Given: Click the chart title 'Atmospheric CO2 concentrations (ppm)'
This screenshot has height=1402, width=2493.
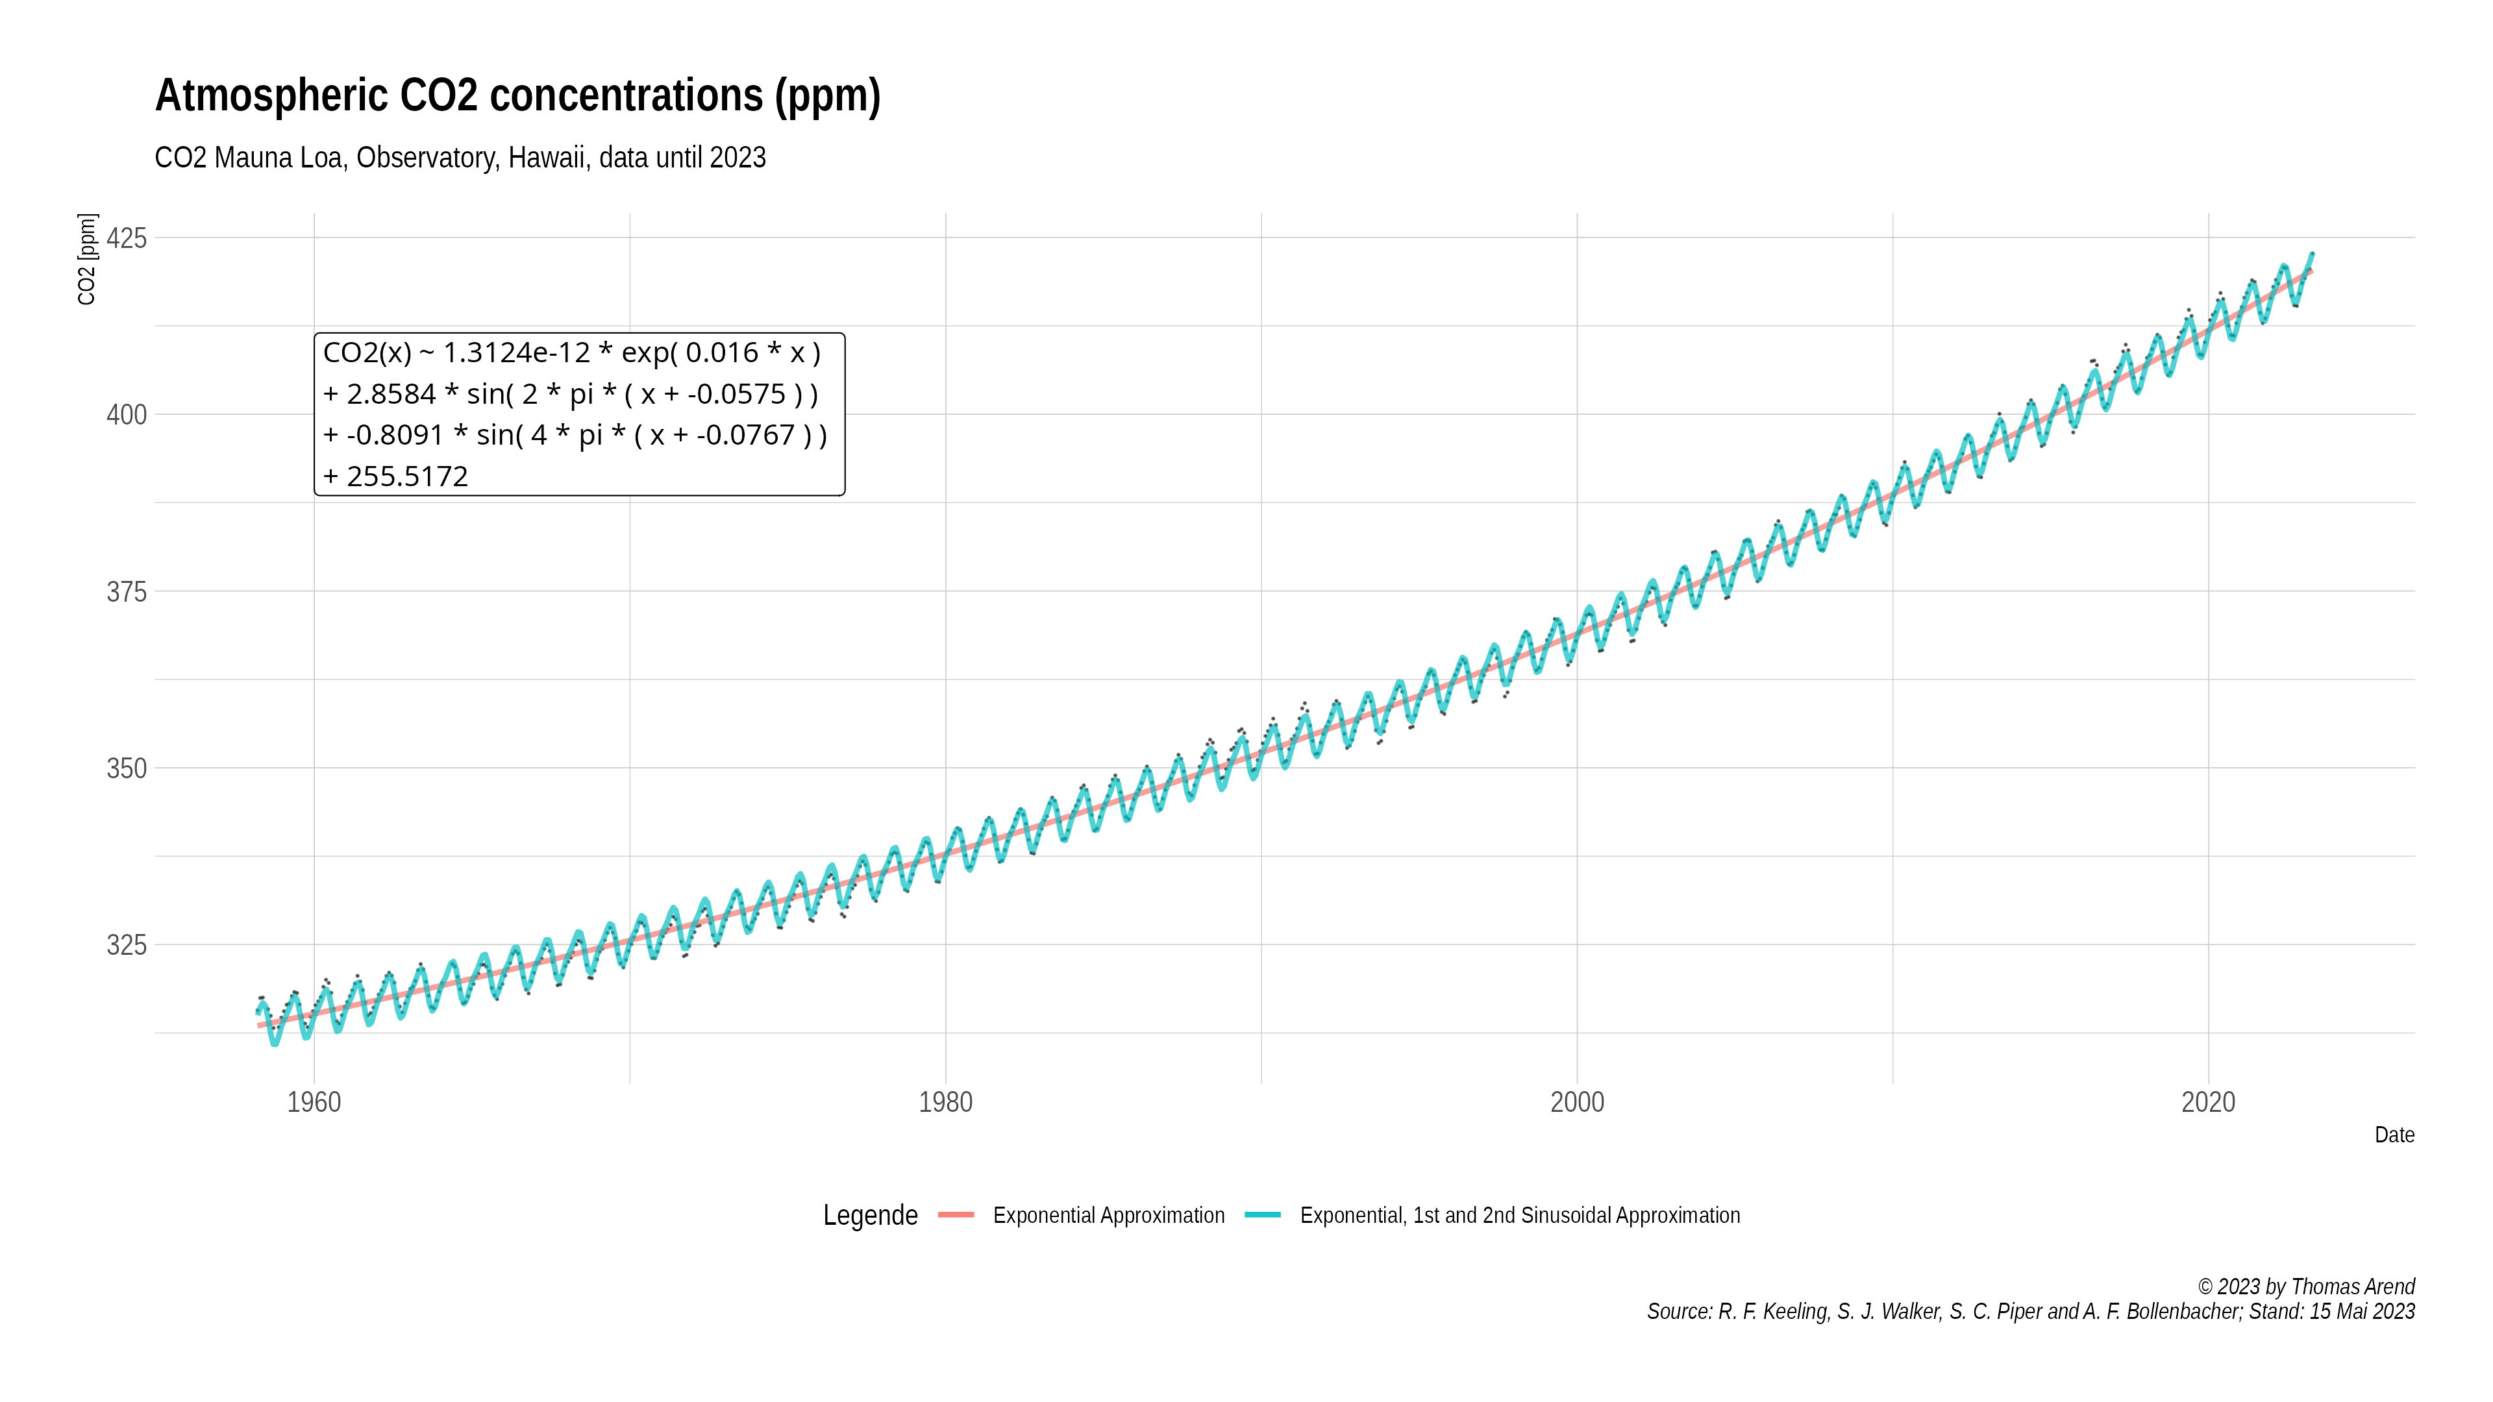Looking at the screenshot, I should pyautogui.click(x=518, y=96).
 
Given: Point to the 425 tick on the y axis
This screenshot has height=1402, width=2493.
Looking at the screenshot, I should pyautogui.click(x=127, y=238).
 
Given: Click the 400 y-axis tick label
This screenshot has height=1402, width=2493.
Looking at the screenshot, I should pyautogui.click(x=127, y=415).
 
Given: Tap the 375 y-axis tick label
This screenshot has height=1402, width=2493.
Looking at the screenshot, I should pyautogui.click(x=127, y=592).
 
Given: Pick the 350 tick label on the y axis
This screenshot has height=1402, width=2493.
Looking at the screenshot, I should pyautogui.click(x=127, y=769).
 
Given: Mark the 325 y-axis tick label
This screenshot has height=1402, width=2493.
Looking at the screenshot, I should pyautogui.click(x=127, y=945).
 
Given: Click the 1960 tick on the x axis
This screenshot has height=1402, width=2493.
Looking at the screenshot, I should pyautogui.click(x=314, y=1102).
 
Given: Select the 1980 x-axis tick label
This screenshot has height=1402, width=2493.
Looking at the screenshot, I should pyautogui.click(x=945, y=1102).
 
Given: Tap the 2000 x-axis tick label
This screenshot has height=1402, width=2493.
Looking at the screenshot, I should pyautogui.click(x=1578, y=1102).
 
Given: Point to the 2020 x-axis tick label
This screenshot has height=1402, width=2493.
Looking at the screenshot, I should pyautogui.click(x=2209, y=1102).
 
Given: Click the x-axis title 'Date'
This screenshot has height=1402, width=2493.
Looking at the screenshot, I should pyautogui.click(x=2394, y=1135).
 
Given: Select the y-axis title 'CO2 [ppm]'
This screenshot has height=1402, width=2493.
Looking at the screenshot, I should pyautogui.click(x=87, y=260).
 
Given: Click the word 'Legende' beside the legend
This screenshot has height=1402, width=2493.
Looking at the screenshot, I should pyautogui.click(x=870, y=1215).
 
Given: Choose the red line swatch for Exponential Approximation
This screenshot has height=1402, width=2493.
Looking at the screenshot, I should pyautogui.click(x=956, y=1215).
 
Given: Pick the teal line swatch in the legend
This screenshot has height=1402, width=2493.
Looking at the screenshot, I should pyautogui.click(x=1263, y=1215).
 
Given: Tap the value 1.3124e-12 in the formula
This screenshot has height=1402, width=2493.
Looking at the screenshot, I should pyautogui.click(x=516, y=353).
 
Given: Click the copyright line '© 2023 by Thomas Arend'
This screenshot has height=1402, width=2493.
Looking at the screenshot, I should pyautogui.click(x=2305, y=1287).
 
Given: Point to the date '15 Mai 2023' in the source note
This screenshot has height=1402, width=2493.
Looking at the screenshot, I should pyautogui.click(x=2361, y=1312).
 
